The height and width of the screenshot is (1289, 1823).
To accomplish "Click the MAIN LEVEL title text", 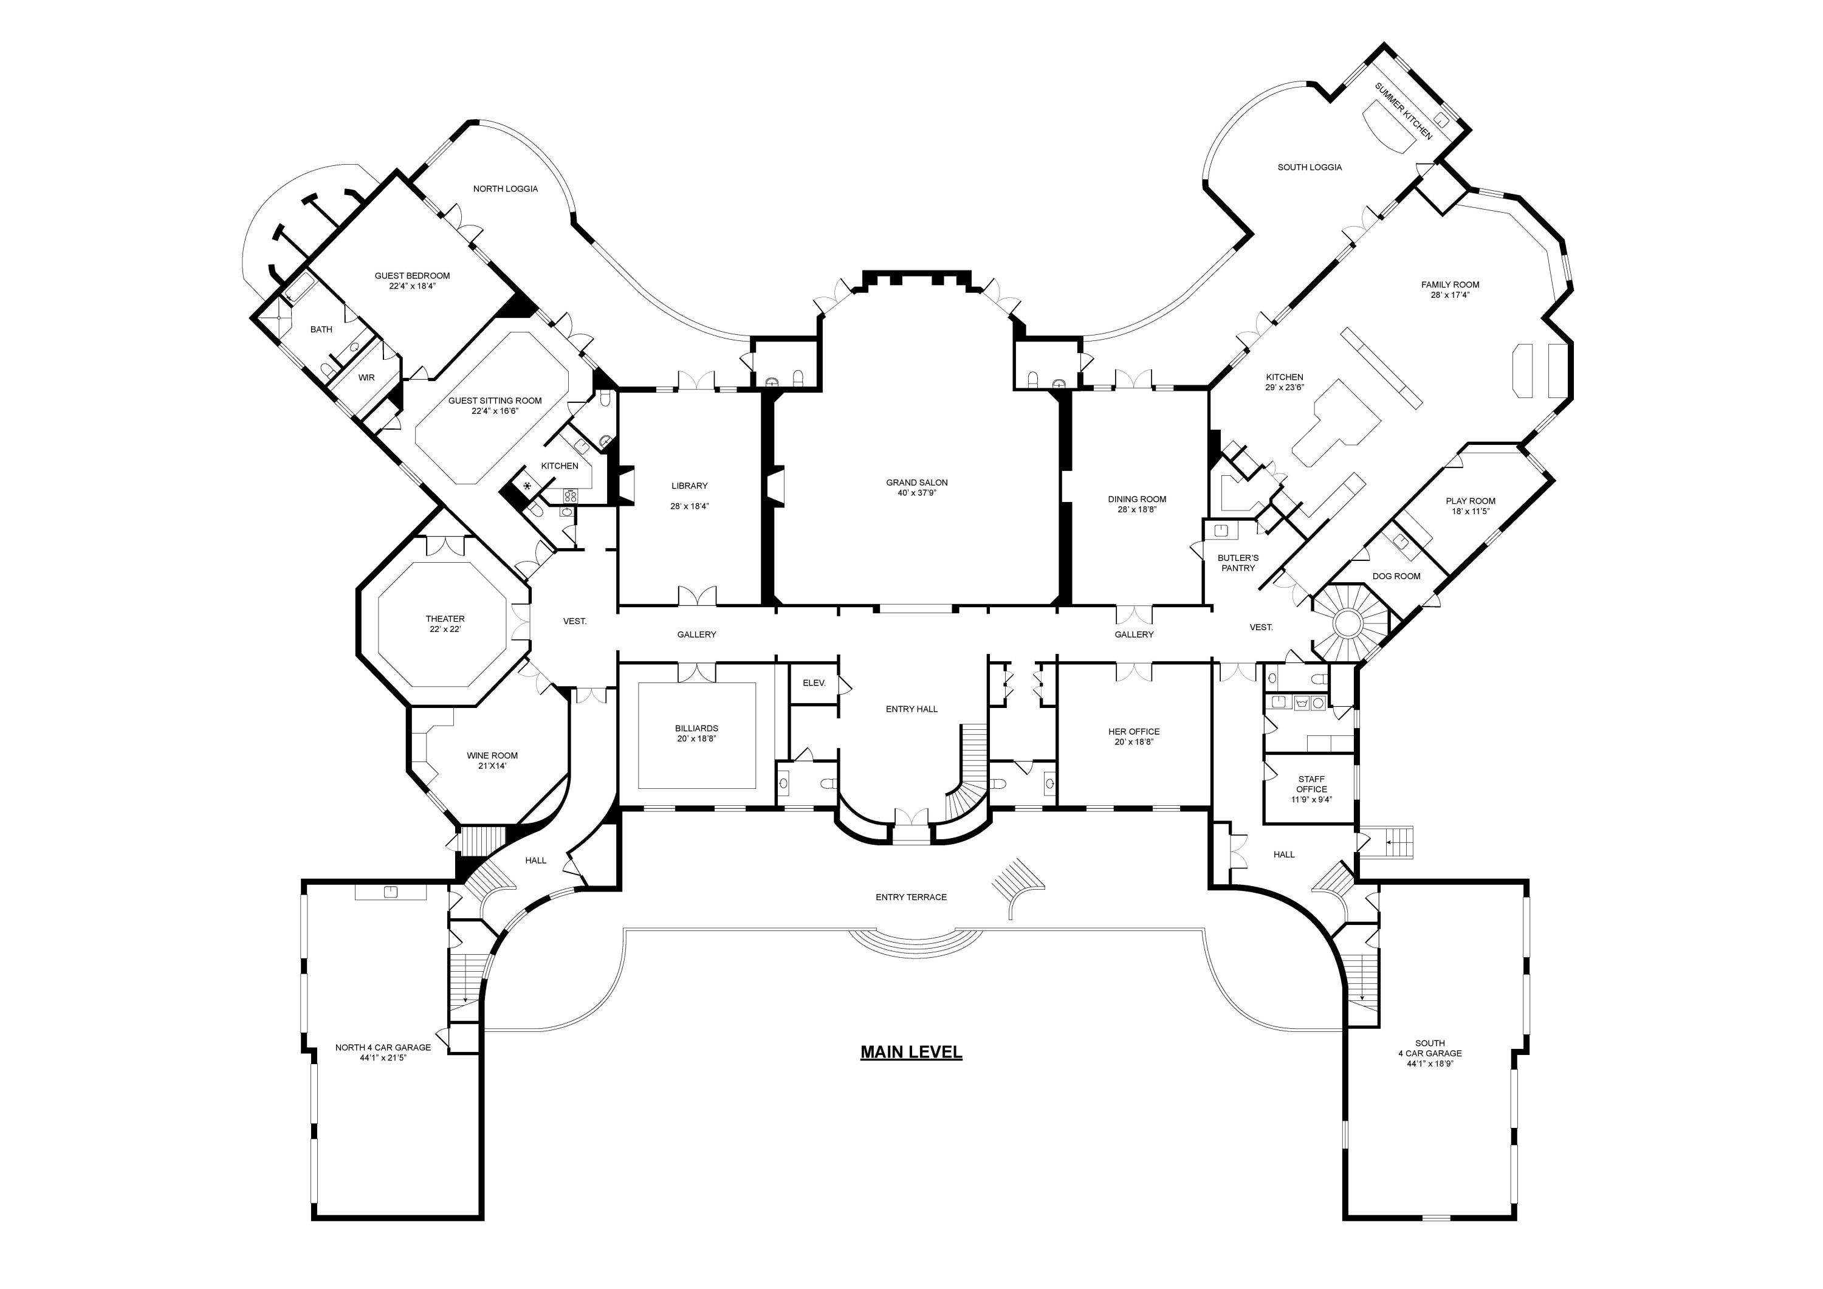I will click(911, 1053).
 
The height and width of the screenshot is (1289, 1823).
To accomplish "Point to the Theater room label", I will click(445, 619).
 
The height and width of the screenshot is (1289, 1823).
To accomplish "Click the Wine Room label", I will click(492, 756).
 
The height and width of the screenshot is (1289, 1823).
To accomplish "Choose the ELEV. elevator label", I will click(814, 683).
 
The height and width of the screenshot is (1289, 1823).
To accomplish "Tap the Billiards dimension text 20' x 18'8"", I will click(696, 738).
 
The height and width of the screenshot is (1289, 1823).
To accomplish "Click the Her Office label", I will click(1133, 732).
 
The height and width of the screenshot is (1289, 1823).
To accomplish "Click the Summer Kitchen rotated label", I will click(1403, 111).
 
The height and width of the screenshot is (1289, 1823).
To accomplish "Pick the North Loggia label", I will click(505, 189).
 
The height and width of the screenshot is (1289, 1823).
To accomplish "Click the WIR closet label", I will click(366, 378).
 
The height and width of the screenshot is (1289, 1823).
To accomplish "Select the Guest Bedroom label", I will click(412, 275).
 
